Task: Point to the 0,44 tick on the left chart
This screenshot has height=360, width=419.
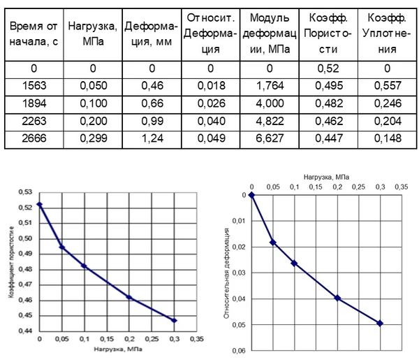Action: [x=27, y=331]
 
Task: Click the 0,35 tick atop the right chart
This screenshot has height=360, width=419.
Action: [x=400, y=187]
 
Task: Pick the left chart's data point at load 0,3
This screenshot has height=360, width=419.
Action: [x=175, y=320]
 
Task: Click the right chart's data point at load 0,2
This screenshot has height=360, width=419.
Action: [x=337, y=298]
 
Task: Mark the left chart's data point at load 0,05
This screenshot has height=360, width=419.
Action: [x=62, y=247]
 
